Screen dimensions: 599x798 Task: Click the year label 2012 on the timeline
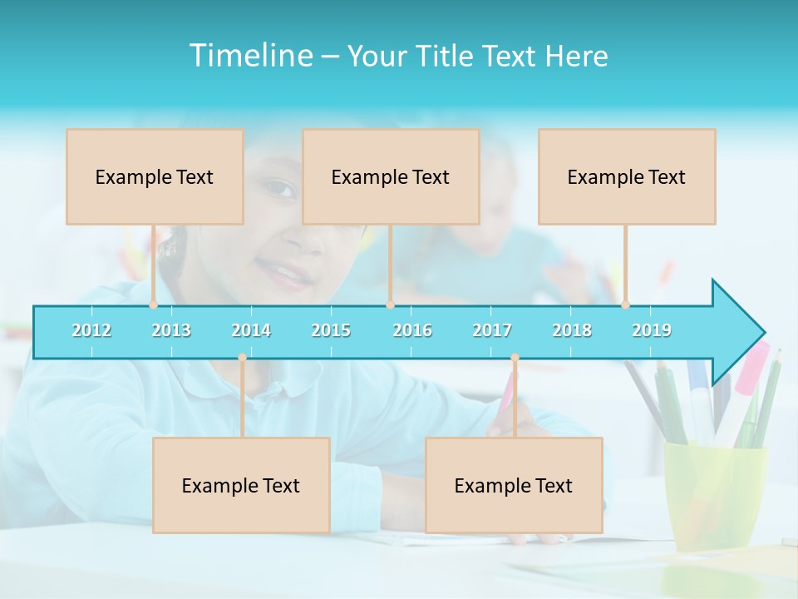91,330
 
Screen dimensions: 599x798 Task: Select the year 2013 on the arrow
171,330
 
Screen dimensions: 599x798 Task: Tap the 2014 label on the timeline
251,330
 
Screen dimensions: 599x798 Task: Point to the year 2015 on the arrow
331,330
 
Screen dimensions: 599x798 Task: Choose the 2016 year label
412,330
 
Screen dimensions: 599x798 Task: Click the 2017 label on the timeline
492,330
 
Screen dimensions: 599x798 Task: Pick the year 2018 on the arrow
572,330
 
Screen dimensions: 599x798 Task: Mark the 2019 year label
652,330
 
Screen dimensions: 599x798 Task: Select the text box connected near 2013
155,176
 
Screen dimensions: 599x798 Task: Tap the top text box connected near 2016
391,176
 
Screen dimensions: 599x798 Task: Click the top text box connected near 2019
627,176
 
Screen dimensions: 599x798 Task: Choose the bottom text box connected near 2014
241,485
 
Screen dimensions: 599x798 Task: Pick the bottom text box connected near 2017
514,485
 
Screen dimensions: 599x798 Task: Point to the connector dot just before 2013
153,305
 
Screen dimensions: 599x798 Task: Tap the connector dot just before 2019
625,305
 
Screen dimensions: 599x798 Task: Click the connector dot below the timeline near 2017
515,358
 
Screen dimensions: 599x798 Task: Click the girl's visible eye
281,189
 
